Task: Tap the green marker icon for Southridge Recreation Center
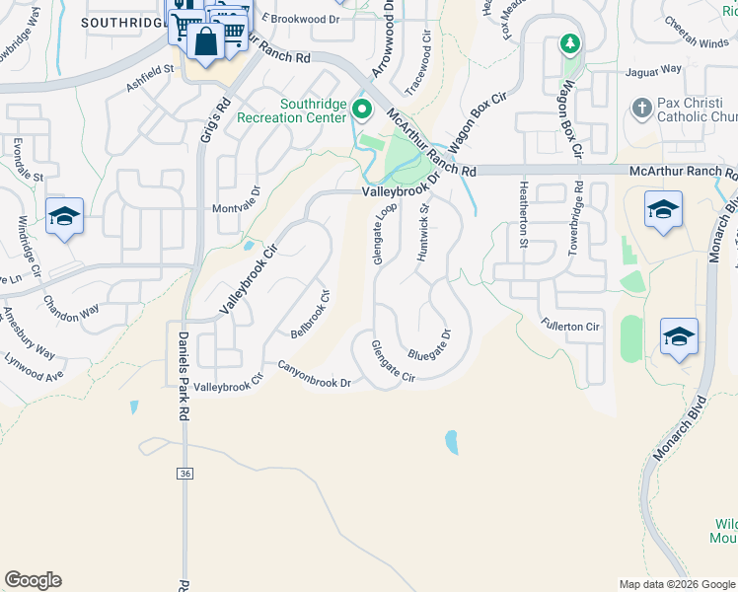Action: pos(362,108)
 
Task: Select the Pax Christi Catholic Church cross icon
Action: pos(641,108)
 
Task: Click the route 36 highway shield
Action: pos(185,474)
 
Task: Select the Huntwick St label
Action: pos(424,234)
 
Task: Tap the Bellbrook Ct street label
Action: pos(309,314)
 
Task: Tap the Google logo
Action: pos(33,580)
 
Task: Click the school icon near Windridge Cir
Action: pos(64,215)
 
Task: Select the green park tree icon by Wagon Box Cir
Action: pos(569,43)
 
